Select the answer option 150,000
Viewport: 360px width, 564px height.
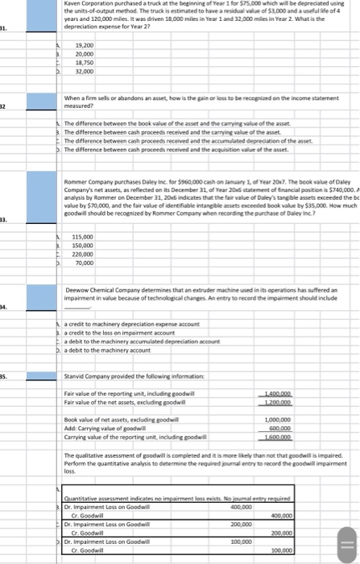coord(84,245)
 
